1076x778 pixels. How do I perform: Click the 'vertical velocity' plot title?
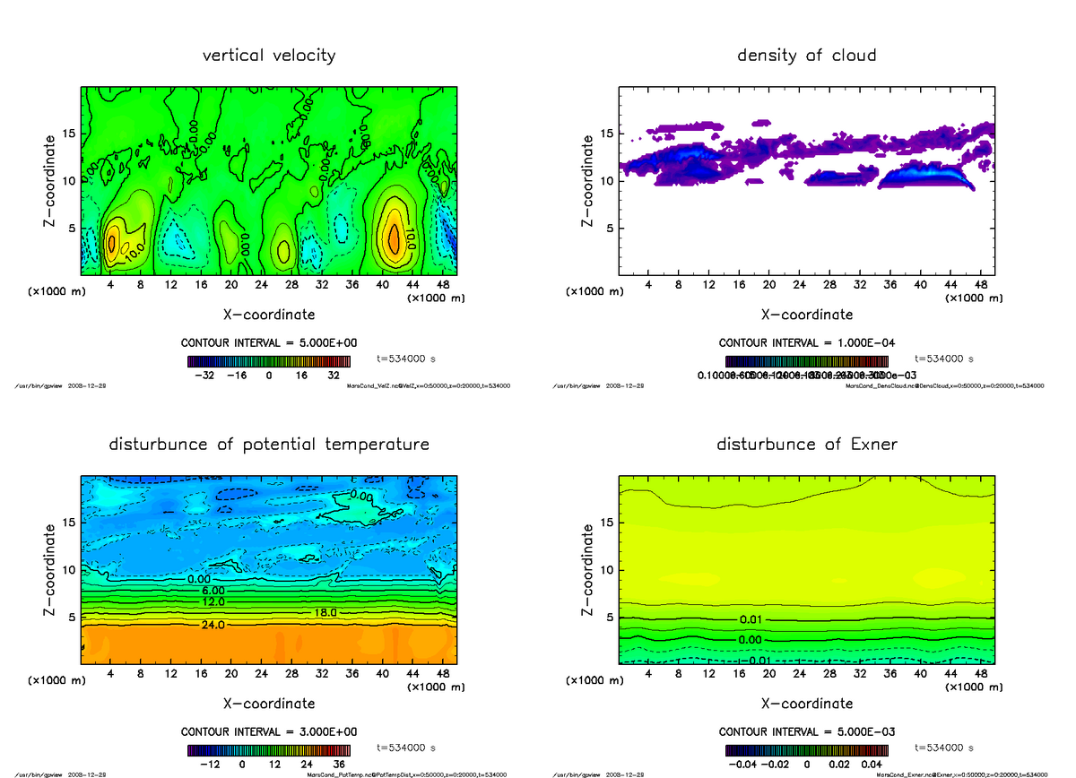[x=269, y=56]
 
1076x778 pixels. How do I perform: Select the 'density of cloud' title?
[x=806, y=56]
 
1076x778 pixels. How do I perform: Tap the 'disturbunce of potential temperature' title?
[x=269, y=445]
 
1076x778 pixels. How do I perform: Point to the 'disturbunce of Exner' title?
[x=806, y=445]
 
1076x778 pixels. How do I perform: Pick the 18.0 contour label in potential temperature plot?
[x=325, y=612]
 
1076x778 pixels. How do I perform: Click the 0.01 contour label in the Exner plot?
[x=752, y=620]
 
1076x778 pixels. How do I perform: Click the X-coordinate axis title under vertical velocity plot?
[x=269, y=315]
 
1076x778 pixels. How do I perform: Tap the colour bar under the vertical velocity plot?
[x=269, y=362]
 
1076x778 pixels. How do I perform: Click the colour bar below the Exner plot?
[x=806, y=750]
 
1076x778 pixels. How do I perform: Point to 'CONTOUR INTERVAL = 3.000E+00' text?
[x=269, y=731]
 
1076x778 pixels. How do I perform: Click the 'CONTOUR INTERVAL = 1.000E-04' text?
[x=806, y=342]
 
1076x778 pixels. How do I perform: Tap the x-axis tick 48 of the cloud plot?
[x=980, y=285]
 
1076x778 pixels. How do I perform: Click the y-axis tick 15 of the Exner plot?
[x=606, y=522]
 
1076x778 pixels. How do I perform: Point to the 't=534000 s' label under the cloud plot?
[x=943, y=359]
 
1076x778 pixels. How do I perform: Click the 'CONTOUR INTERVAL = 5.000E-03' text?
[x=806, y=731]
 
